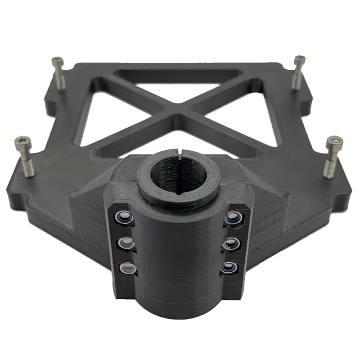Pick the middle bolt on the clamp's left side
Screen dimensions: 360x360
pos(126,243)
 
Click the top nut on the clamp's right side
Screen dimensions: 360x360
pos(233,218)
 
